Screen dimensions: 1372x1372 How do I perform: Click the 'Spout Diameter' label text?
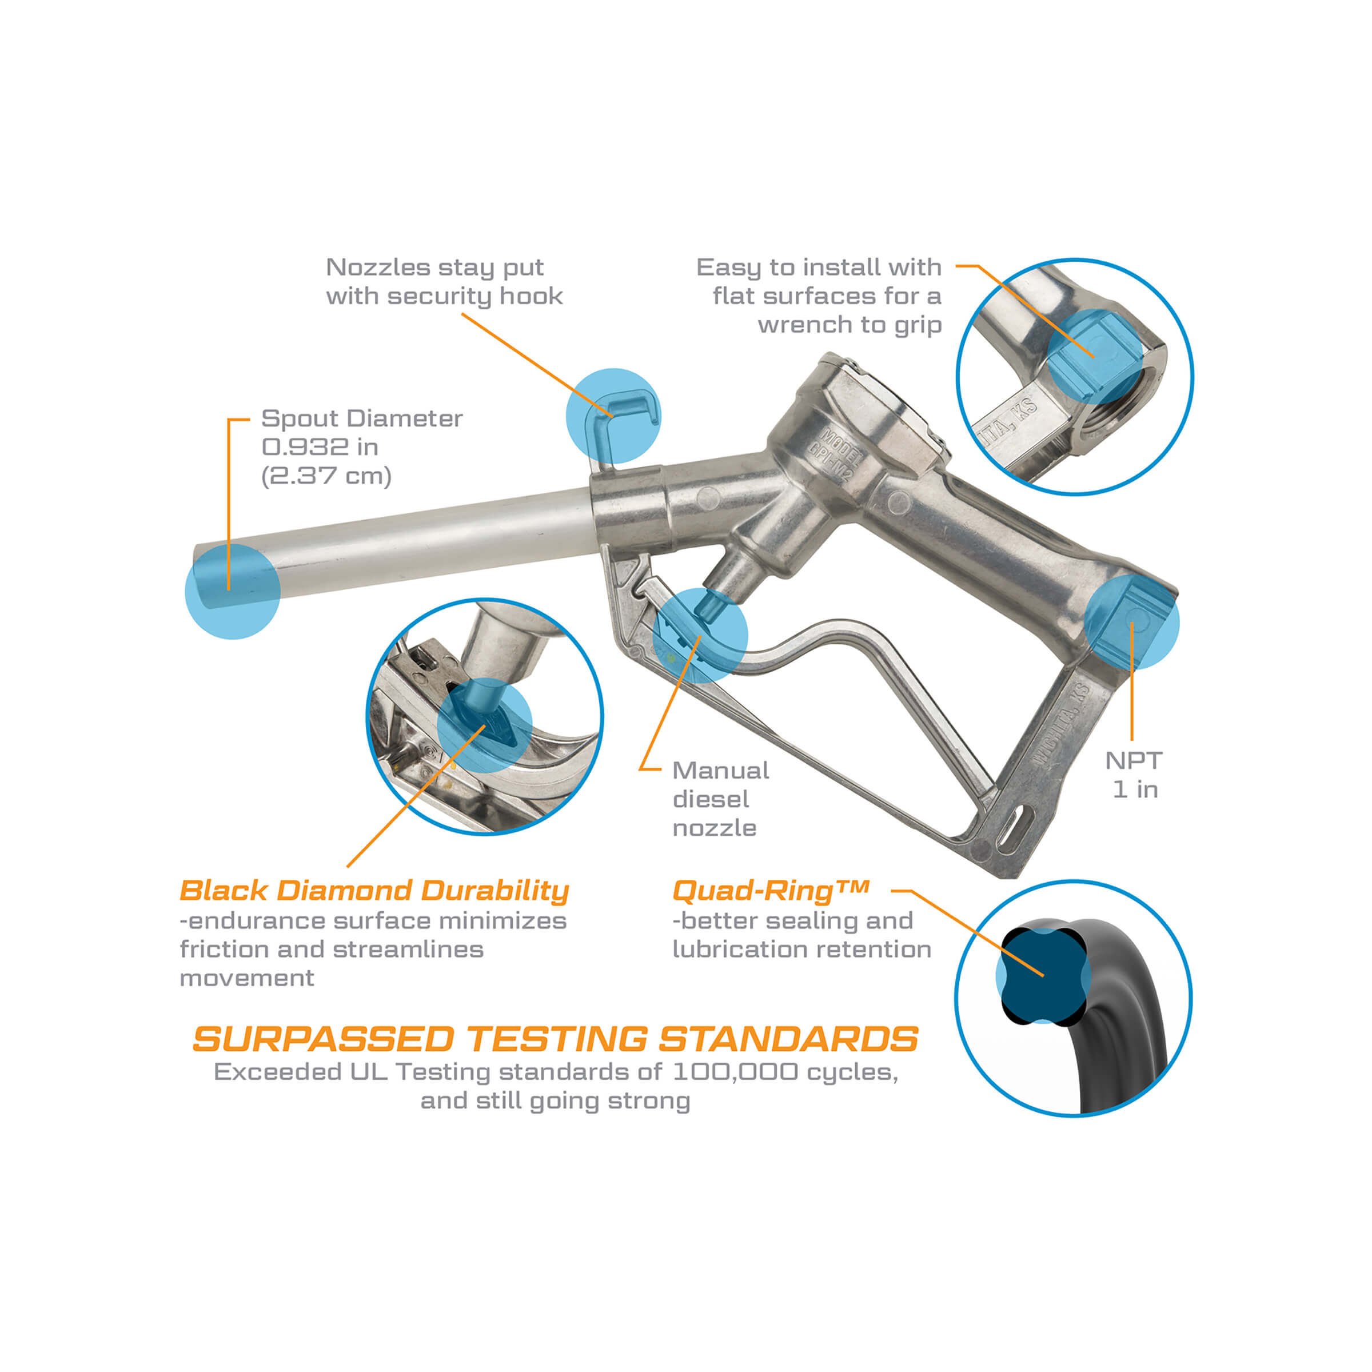click(361, 418)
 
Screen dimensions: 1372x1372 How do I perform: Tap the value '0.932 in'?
click(320, 446)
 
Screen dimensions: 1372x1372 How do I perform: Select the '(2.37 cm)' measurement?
click(326, 475)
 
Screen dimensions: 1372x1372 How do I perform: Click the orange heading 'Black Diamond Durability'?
click(374, 891)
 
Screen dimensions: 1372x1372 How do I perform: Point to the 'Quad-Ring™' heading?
click(771, 891)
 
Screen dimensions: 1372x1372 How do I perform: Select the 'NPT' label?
click(1134, 760)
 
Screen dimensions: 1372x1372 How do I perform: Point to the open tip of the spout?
click(206, 577)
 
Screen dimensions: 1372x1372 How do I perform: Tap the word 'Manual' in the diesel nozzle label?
click(721, 771)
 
